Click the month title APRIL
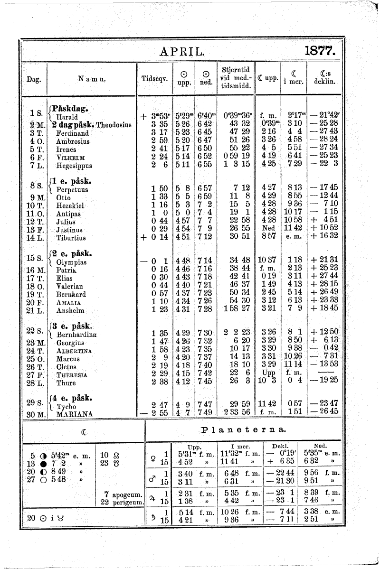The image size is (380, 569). (182, 51)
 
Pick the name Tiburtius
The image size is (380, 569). (71, 238)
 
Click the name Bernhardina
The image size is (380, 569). (76, 334)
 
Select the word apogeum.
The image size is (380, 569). (126, 494)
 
